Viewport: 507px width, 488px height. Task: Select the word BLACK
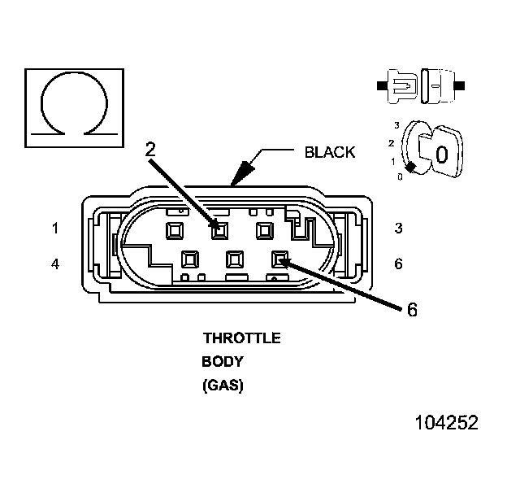pyautogui.click(x=330, y=152)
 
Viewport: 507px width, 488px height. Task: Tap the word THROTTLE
pyautogui.click(x=242, y=338)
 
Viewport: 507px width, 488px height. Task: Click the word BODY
pyautogui.click(x=222, y=361)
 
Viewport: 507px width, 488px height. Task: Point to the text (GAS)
pyautogui.click(x=223, y=386)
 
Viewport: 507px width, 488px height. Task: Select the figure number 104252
pyautogui.click(x=447, y=423)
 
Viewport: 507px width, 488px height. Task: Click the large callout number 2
pyautogui.click(x=150, y=150)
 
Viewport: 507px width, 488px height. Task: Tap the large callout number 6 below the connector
pyautogui.click(x=412, y=310)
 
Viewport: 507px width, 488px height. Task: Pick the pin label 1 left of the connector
pyautogui.click(x=55, y=229)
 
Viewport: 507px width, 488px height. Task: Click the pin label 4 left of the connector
pyautogui.click(x=55, y=264)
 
